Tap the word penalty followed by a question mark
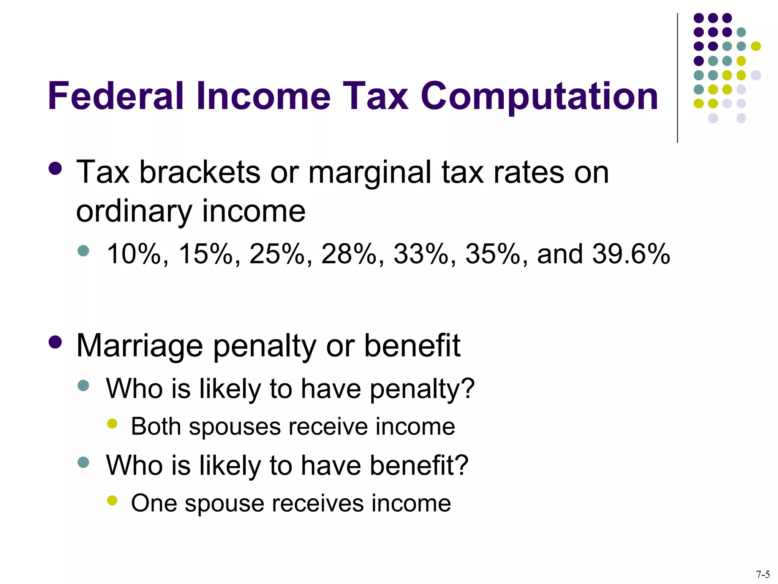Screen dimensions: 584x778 (422, 389)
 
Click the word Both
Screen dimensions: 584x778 (156, 426)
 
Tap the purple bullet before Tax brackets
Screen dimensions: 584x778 (55, 168)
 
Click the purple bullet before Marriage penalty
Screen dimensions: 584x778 (55, 342)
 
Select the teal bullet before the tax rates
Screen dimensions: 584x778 (83, 251)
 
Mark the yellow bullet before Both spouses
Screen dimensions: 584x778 (112, 424)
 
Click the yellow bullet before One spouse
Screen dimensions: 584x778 (112, 500)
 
